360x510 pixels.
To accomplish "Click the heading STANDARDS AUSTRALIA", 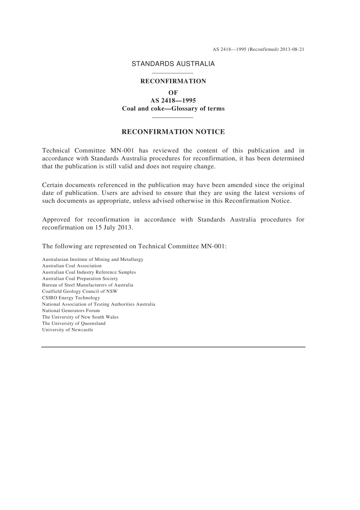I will coord(173,64).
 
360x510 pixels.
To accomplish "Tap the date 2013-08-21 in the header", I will coord(292,49).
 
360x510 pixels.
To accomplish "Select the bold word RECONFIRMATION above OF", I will coord(173,81).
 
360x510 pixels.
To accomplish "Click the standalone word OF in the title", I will coord(173,93).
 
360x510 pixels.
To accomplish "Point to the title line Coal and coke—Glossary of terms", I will coord(173,108).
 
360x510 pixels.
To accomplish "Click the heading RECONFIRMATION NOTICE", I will coord(173,132).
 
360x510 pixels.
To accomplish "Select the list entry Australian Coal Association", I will coord(72,266).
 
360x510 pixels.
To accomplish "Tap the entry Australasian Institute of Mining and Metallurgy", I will coord(92,259).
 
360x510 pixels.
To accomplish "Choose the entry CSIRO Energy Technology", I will coord(71,298).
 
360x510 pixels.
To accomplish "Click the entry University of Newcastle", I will coord(67,330).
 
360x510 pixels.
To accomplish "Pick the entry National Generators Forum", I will coord(71,311).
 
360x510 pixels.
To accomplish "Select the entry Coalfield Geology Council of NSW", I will coord(80,291).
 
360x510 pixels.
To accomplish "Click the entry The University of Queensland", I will coord(74,323).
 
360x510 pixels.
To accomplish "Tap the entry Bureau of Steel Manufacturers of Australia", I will coord(88,285).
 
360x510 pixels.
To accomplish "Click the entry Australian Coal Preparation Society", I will coord(80,279).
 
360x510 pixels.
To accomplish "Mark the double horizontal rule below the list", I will coord(173,347).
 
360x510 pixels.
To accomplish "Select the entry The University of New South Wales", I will coord(80,317).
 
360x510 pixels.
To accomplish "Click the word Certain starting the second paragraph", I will coord(52,185).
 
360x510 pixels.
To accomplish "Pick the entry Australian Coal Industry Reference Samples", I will coord(89,272).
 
